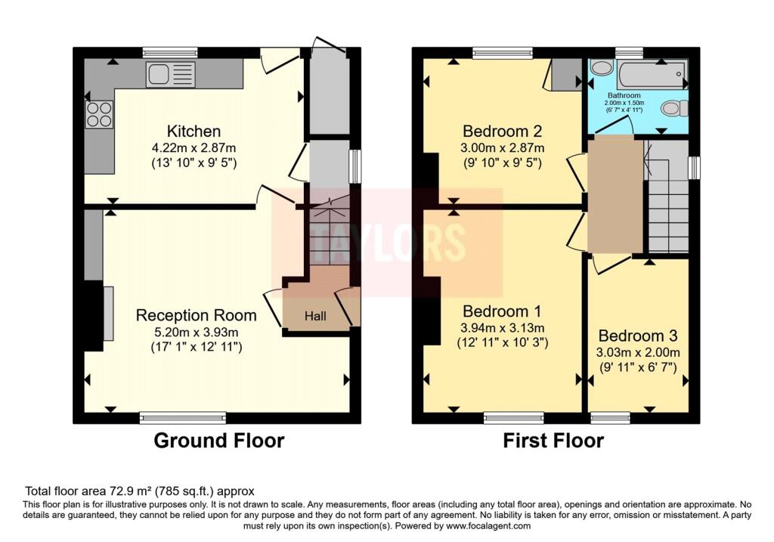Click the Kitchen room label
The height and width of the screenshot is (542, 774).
coord(193,132)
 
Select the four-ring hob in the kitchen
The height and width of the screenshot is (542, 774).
coord(99,114)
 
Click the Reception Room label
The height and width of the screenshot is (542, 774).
coord(196,315)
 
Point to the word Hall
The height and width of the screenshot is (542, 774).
coord(315,316)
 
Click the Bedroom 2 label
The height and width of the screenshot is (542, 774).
coord(502,132)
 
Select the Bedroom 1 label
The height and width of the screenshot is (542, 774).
coord(502,311)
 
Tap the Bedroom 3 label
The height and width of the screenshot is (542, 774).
coord(638,336)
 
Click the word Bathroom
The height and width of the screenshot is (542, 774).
coord(624,95)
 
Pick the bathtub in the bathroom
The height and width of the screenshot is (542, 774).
coord(651,75)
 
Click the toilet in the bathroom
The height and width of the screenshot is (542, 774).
coord(674,108)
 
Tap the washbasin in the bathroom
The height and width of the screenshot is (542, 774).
coord(601,67)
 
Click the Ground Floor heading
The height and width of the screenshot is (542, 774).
coord(219,440)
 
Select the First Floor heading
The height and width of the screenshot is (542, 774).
coord(553,440)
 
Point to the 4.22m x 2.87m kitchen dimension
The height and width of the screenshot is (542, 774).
coord(194,147)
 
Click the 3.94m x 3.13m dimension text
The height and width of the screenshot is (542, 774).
coord(503,328)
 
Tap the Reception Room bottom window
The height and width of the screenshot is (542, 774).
coord(183,418)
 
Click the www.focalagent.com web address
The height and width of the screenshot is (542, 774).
coord(488,525)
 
